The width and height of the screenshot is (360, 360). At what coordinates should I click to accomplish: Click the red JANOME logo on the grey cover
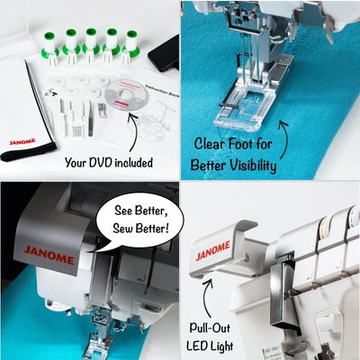[x=49, y=256]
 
